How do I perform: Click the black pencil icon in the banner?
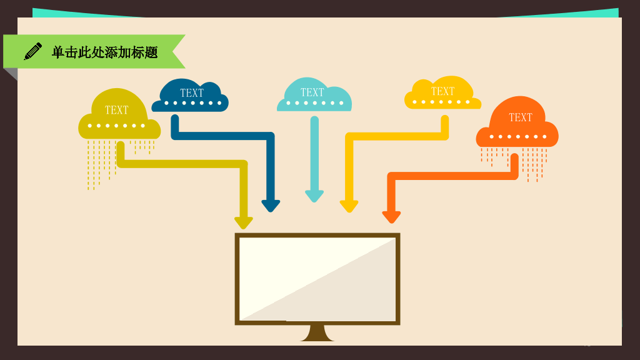(32, 51)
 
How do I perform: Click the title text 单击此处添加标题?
(105, 52)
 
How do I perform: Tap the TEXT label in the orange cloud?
(521, 117)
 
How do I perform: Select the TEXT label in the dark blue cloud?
(192, 93)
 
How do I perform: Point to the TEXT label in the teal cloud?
(312, 92)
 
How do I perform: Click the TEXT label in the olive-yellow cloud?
(117, 110)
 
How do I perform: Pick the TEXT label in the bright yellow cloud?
(443, 91)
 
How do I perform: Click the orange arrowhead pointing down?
(391, 217)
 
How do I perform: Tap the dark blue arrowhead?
(271, 206)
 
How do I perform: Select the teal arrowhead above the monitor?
(314, 196)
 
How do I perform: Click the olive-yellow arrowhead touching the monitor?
(244, 223)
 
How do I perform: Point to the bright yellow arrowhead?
(349, 206)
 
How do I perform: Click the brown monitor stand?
(317, 333)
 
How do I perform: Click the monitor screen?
(317, 279)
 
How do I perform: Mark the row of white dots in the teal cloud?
(315, 103)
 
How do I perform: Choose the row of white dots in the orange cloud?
(518, 137)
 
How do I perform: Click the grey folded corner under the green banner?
(11, 74)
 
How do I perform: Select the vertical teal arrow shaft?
(314, 154)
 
